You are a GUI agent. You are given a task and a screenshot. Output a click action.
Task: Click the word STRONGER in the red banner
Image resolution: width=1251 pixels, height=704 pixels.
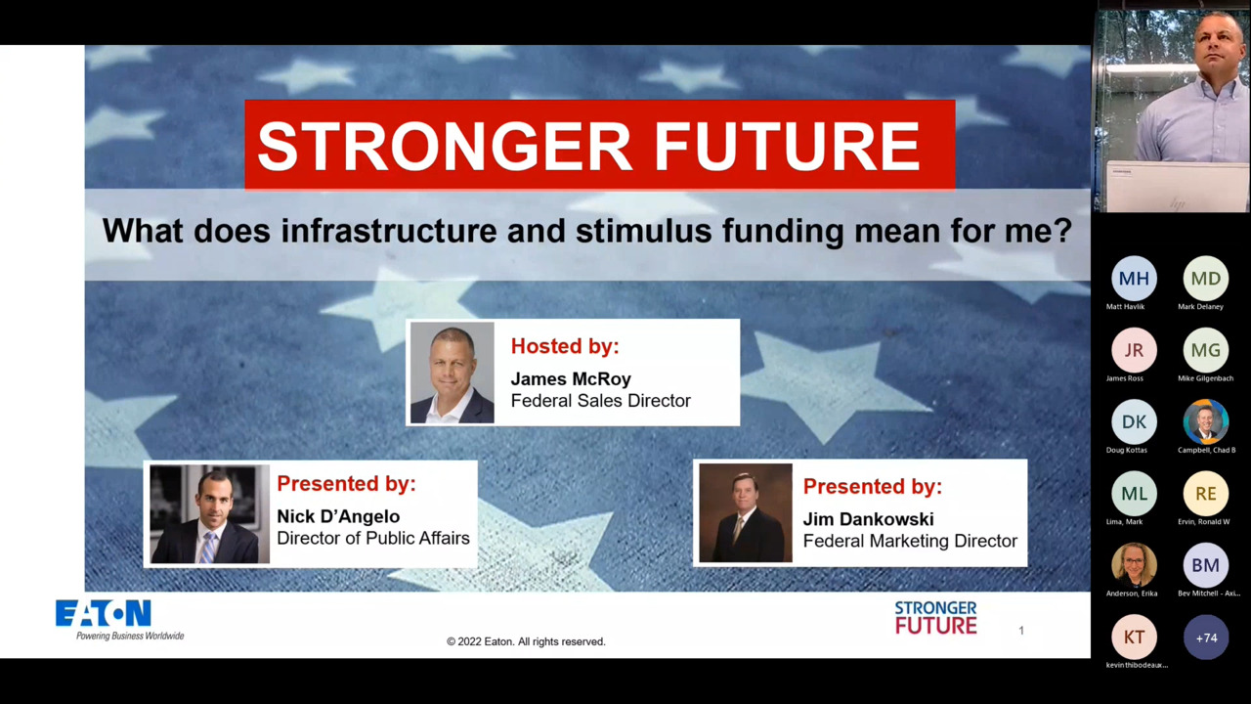pyautogui.click(x=446, y=146)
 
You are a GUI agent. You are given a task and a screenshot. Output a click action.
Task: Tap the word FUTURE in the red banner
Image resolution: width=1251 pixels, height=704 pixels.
pyautogui.click(x=787, y=146)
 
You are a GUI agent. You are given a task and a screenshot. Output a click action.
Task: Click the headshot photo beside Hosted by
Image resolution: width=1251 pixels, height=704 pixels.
pyautogui.click(x=452, y=373)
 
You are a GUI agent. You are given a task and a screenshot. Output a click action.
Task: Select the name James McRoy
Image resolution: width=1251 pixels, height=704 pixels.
pyautogui.click(x=571, y=378)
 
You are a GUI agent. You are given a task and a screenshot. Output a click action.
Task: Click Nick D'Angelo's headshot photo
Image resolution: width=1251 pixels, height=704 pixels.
pyautogui.click(x=209, y=514)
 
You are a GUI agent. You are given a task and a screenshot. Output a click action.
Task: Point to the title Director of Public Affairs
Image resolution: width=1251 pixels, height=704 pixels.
pyautogui.click(x=372, y=538)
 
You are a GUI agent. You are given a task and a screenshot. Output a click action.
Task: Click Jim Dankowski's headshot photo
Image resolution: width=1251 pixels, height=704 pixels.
pyautogui.click(x=745, y=513)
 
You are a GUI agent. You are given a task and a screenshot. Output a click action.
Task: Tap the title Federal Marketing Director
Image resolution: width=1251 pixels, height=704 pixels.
pyautogui.click(x=909, y=541)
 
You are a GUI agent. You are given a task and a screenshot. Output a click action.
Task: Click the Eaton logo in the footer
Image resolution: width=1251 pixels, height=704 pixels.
pyautogui.click(x=104, y=614)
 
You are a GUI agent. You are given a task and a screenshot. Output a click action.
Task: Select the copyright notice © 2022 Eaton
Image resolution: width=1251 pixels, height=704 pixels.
pyautogui.click(x=526, y=641)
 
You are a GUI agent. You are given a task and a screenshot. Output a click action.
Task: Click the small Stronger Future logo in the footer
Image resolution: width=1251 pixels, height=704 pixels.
pyautogui.click(x=935, y=618)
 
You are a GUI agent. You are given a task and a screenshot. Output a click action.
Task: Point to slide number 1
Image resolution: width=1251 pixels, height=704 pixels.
pyautogui.click(x=1021, y=631)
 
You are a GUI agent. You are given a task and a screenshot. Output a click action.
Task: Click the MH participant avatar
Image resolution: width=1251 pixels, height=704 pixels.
pyautogui.click(x=1134, y=279)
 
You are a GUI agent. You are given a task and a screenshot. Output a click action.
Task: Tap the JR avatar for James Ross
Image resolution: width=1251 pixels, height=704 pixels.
pyautogui.click(x=1134, y=350)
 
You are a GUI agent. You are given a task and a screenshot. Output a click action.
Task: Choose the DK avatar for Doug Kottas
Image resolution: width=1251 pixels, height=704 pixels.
pyautogui.click(x=1134, y=422)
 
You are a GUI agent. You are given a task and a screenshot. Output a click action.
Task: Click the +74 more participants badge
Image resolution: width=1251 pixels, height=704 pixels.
pyautogui.click(x=1206, y=638)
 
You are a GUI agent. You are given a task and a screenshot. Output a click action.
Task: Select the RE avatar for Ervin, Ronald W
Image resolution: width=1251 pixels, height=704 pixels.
pyautogui.click(x=1206, y=494)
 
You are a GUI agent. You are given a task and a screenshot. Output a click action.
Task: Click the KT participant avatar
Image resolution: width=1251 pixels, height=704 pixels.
pyautogui.click(x=1134, y=638)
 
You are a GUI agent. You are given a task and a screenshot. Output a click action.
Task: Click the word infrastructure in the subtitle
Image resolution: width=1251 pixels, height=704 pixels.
pyautogui.click(x=389, y=231)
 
